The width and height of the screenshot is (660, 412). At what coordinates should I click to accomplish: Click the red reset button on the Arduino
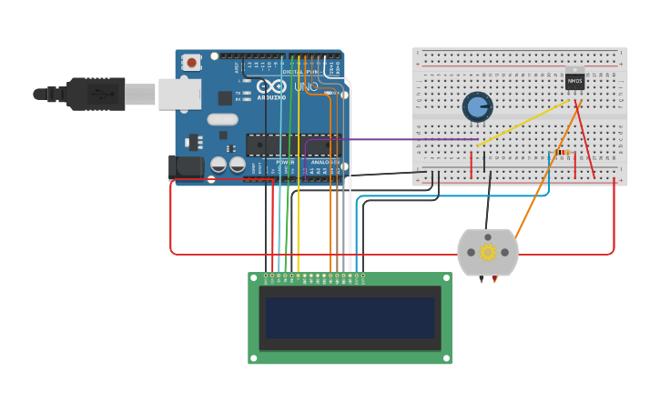[192, 63]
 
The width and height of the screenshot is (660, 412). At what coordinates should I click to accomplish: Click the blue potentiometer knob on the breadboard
[477, 106]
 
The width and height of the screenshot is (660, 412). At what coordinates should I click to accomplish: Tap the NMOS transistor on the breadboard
[574, 81]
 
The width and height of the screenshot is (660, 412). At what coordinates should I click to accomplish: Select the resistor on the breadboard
[564, 153]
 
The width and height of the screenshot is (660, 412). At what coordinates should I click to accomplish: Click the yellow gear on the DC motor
[487, 252]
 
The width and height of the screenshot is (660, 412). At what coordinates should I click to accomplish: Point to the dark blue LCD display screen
[350, 317]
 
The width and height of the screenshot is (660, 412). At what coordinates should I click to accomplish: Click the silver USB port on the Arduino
[179, 94]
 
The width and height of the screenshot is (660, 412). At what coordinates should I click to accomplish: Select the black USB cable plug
[95, 94]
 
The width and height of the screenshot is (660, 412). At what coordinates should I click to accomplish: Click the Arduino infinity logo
[271, 87]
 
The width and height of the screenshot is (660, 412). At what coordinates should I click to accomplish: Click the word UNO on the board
[304, 87]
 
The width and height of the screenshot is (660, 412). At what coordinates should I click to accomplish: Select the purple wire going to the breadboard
[401, 139]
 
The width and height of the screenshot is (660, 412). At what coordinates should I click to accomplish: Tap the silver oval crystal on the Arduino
[222, 119]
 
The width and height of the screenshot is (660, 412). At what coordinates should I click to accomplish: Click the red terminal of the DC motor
[495, 278]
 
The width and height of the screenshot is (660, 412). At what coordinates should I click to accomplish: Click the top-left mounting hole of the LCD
[254, 278]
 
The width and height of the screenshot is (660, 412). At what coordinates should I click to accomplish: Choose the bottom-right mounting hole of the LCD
[446, 358]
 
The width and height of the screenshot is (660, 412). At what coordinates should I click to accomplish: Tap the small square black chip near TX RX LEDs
[225, 97]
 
